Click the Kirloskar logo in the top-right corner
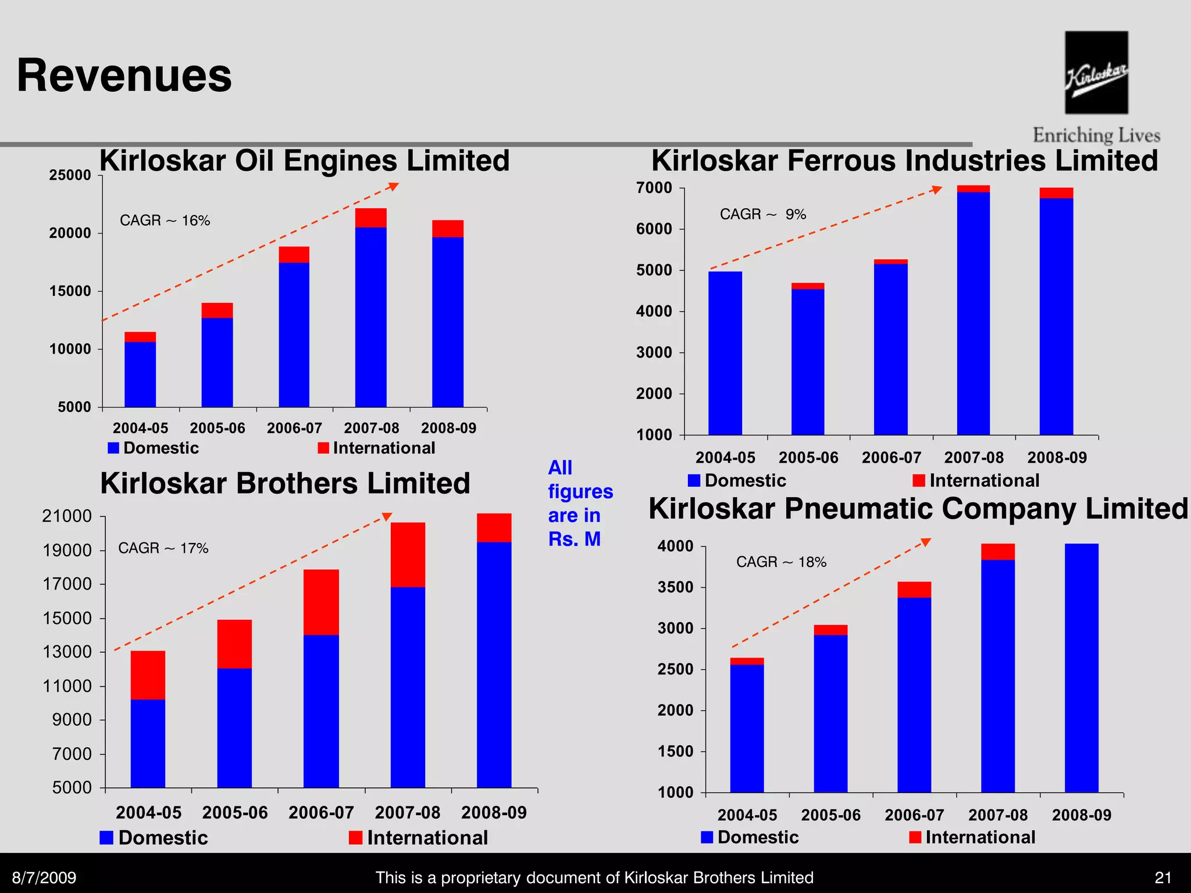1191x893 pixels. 1096,73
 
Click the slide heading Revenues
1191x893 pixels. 124,76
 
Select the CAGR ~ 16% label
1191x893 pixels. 165,220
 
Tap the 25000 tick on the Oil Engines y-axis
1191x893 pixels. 70,175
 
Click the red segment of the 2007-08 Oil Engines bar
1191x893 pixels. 370,217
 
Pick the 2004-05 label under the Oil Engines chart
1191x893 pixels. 140,428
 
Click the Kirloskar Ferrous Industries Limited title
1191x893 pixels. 904,160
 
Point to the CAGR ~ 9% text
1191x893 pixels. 762,215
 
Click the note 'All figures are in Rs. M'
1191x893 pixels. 579,503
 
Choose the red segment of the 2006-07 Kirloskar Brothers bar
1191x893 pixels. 321,602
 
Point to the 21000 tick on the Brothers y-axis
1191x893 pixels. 67,516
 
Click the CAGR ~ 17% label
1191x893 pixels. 163,548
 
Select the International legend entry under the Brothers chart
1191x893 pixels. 418,837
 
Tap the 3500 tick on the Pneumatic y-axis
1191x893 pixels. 675,587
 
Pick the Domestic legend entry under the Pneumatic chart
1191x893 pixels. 750,837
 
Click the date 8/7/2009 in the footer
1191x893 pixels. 44,877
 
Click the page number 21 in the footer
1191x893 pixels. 1163,877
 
